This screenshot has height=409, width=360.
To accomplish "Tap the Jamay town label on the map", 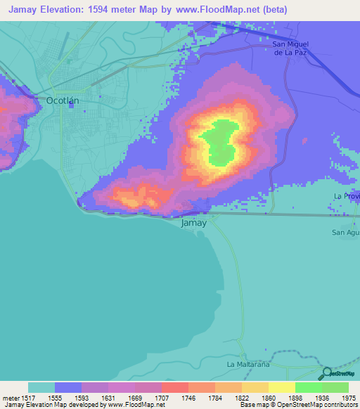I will [194, 223].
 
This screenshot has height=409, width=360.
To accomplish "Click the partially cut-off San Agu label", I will [346, 232].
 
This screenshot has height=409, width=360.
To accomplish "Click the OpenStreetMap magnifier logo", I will [326, 375].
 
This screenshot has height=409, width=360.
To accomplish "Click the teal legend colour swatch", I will [41, 387].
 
